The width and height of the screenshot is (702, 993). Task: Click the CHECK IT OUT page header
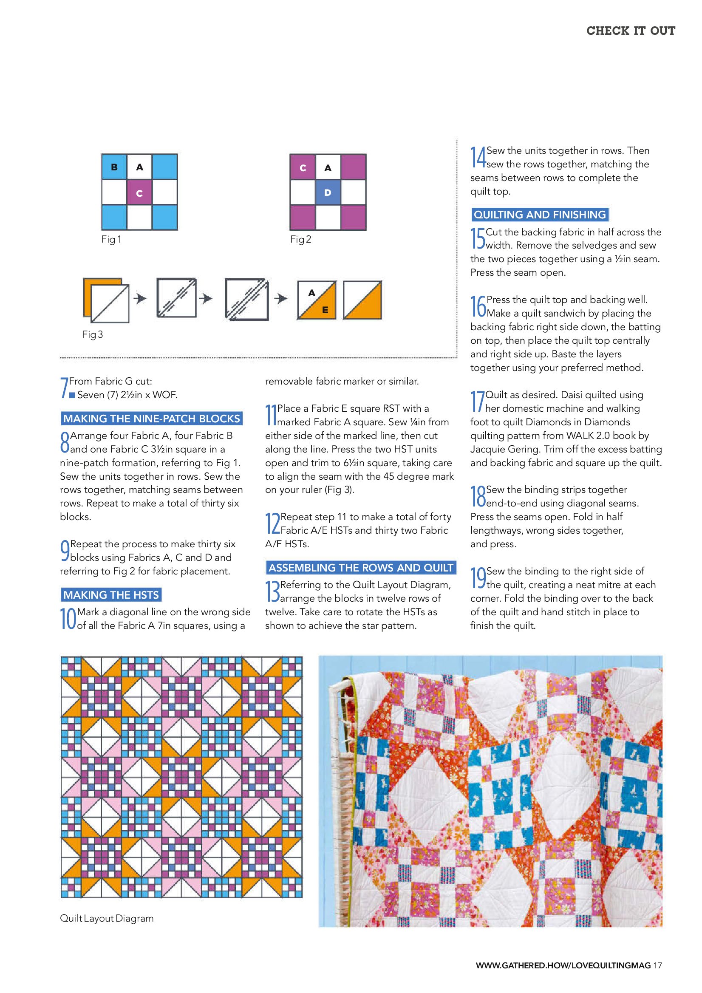[x=630, y=31]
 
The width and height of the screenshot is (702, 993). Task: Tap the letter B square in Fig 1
[x=114, y=167]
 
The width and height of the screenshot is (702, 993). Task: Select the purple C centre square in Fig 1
[x=139, y=193]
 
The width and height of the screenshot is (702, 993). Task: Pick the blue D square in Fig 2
[x=328, y=192]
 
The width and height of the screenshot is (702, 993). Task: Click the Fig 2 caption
[x=300, y=239]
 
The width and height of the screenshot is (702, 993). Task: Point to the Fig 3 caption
[x=93, y=334]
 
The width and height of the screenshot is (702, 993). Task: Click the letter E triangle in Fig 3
[x=325, y=310]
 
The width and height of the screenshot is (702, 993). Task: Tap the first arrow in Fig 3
[x=140, y=298]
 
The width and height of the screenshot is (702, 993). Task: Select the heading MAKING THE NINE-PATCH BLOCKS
[x=151, y=418]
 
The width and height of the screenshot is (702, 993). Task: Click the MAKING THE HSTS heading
[x=111, y=595]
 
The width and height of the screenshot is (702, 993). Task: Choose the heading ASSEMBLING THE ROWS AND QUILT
[x=361, y=567]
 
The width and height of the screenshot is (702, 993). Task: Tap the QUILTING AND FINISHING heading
[x=540, y=215]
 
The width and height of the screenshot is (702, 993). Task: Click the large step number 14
[x=478, y=157]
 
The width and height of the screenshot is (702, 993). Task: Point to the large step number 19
[x=478, y=578]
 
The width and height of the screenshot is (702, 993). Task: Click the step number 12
[x=272, y=524]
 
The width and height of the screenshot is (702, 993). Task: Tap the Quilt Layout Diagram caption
[x=107, y=918]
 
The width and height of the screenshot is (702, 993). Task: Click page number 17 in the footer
[x=657, y=965]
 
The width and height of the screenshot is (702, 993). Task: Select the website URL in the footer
[x=563, y=965]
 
